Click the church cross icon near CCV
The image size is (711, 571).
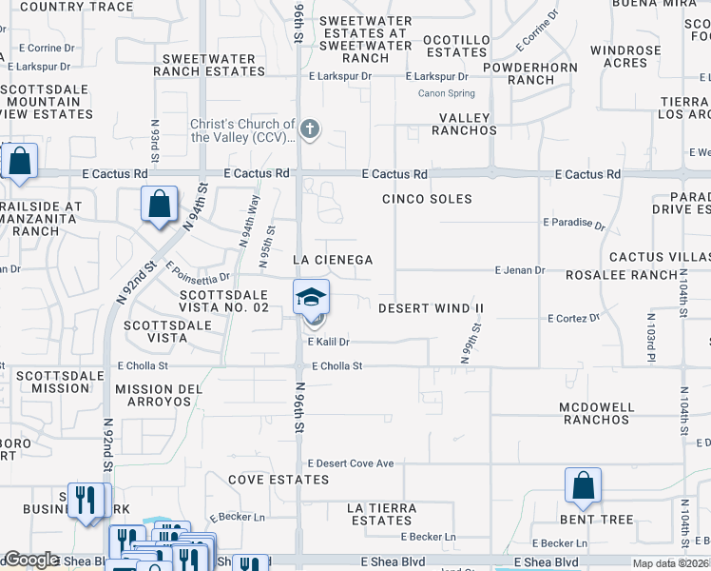309,128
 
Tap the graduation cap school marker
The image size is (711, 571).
311,298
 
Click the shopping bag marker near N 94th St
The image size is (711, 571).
159,204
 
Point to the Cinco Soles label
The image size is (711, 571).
427,199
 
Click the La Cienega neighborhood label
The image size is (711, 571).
332,260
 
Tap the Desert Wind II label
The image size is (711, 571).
431,308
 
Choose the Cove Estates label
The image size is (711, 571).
279,480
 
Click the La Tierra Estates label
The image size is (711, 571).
381,514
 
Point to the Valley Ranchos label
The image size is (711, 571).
464,124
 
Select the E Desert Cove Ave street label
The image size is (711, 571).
351,463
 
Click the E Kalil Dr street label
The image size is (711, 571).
328,342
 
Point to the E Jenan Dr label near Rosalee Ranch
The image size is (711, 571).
519,270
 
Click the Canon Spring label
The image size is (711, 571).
446,93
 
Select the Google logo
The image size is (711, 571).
31,561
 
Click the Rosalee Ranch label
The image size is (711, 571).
612,275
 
